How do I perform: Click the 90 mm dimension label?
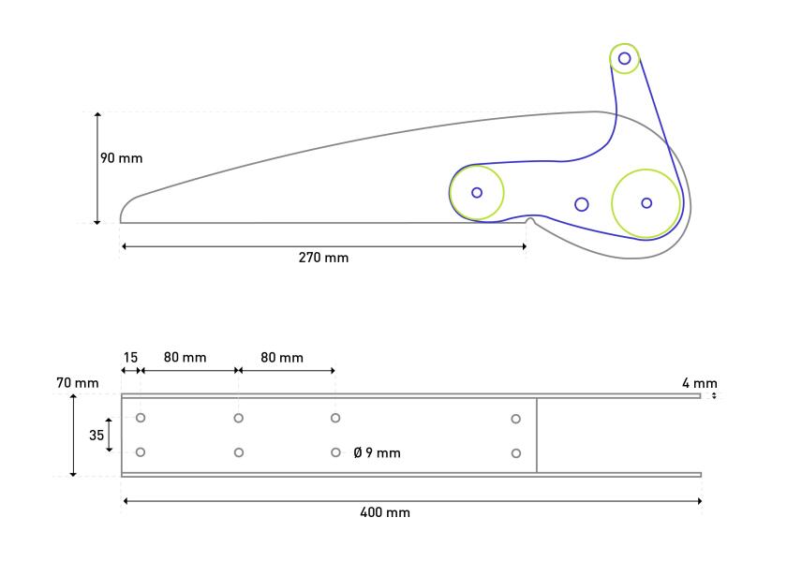point(122,158)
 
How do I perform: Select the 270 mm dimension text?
point(324,258)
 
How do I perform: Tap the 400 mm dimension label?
point(385,512)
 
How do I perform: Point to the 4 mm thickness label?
point(699,383)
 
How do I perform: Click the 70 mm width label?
point(77,383)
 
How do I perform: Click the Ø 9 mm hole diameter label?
point(378,453)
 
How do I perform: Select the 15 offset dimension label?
point(130,358)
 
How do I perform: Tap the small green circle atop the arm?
point(625,59)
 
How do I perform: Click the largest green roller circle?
point(646,203)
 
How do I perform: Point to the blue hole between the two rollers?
point(582,204)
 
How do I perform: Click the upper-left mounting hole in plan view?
point(141,418)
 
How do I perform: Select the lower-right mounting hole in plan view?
point(516,453)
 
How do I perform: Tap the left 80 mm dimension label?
point(185,358)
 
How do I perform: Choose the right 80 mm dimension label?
point(282,358)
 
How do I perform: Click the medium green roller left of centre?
point(477,192)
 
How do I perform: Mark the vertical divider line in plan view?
point(537,435)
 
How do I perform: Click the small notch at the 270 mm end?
point(530,222)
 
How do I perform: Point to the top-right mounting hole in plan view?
point(516,419)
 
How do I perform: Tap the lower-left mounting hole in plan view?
point(141,452)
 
